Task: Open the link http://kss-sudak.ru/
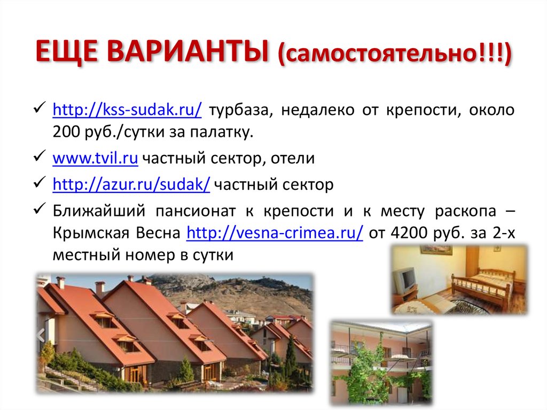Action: pos(127,111)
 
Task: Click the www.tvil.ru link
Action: pos(96,158)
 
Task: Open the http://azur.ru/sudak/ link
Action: pos(131,185)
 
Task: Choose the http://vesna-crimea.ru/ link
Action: pos(275,233)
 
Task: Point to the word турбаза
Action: pos(240,111)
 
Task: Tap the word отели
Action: pos(292,158)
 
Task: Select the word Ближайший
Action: pos(99,211)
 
